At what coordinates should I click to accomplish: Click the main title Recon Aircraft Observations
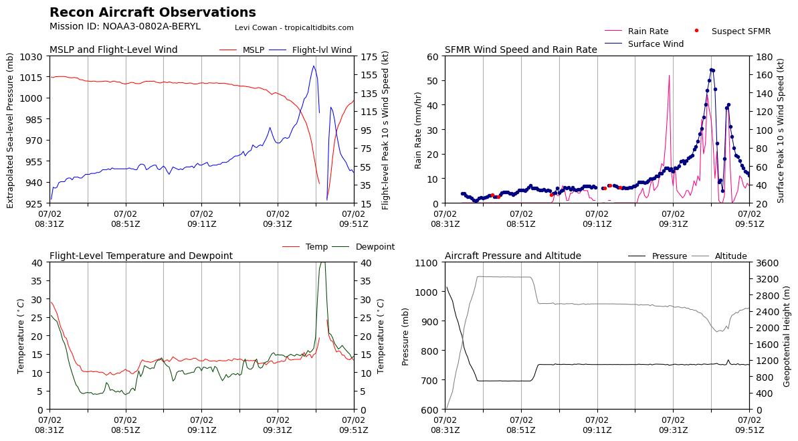click(153, 13)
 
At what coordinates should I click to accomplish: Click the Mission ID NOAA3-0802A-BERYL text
click(125, 27)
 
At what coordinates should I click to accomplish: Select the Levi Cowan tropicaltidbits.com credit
click(294, 28)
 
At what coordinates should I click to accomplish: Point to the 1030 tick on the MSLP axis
click(35, 56)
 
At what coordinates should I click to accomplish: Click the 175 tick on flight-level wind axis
click(368, 56)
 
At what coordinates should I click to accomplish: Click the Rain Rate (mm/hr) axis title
click(419, 130)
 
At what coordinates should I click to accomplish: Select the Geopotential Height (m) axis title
click(787, 335)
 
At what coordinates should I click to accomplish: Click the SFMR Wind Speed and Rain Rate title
click(520, 50)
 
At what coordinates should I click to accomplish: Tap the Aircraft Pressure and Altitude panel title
click(513, 256)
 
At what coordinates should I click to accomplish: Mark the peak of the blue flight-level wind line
click(313, 66)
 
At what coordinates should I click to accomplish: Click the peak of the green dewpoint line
click(322, 262)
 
